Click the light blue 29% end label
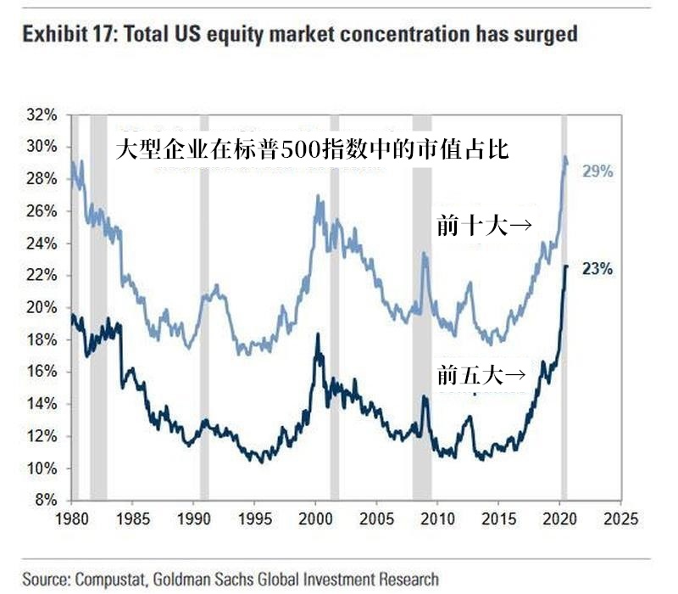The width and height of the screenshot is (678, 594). (597, 171)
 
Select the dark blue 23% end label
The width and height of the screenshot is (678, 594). (597, 270)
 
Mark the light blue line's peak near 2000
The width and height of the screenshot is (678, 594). (318, 198)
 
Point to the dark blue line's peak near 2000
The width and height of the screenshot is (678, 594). (317, 335)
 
